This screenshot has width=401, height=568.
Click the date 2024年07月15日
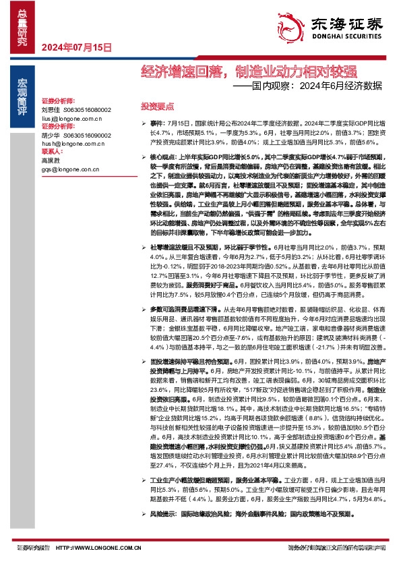point(75,47)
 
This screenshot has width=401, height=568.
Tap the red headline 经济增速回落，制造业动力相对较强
point(249,72)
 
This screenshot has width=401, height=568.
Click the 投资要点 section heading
point(157,107)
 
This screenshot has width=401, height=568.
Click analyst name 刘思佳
point(51,109)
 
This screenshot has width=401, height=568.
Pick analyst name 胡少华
point(51,135)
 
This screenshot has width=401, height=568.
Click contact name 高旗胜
point(51,161)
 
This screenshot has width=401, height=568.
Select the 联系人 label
point(51,152)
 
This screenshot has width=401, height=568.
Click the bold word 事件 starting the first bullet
point(157,125)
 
